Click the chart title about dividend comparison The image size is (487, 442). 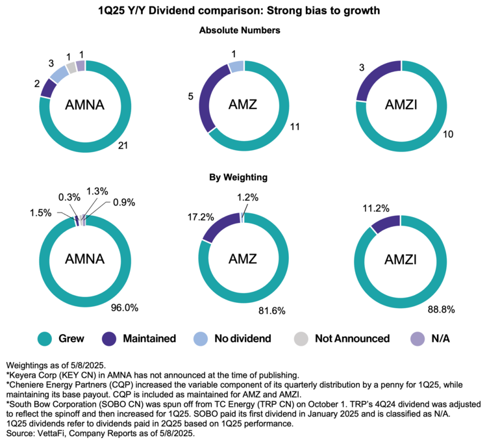click(243, 11)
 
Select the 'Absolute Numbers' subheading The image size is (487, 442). click(243, 30)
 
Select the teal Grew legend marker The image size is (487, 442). click(45, 338)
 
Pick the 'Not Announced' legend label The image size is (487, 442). click(352, 338)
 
